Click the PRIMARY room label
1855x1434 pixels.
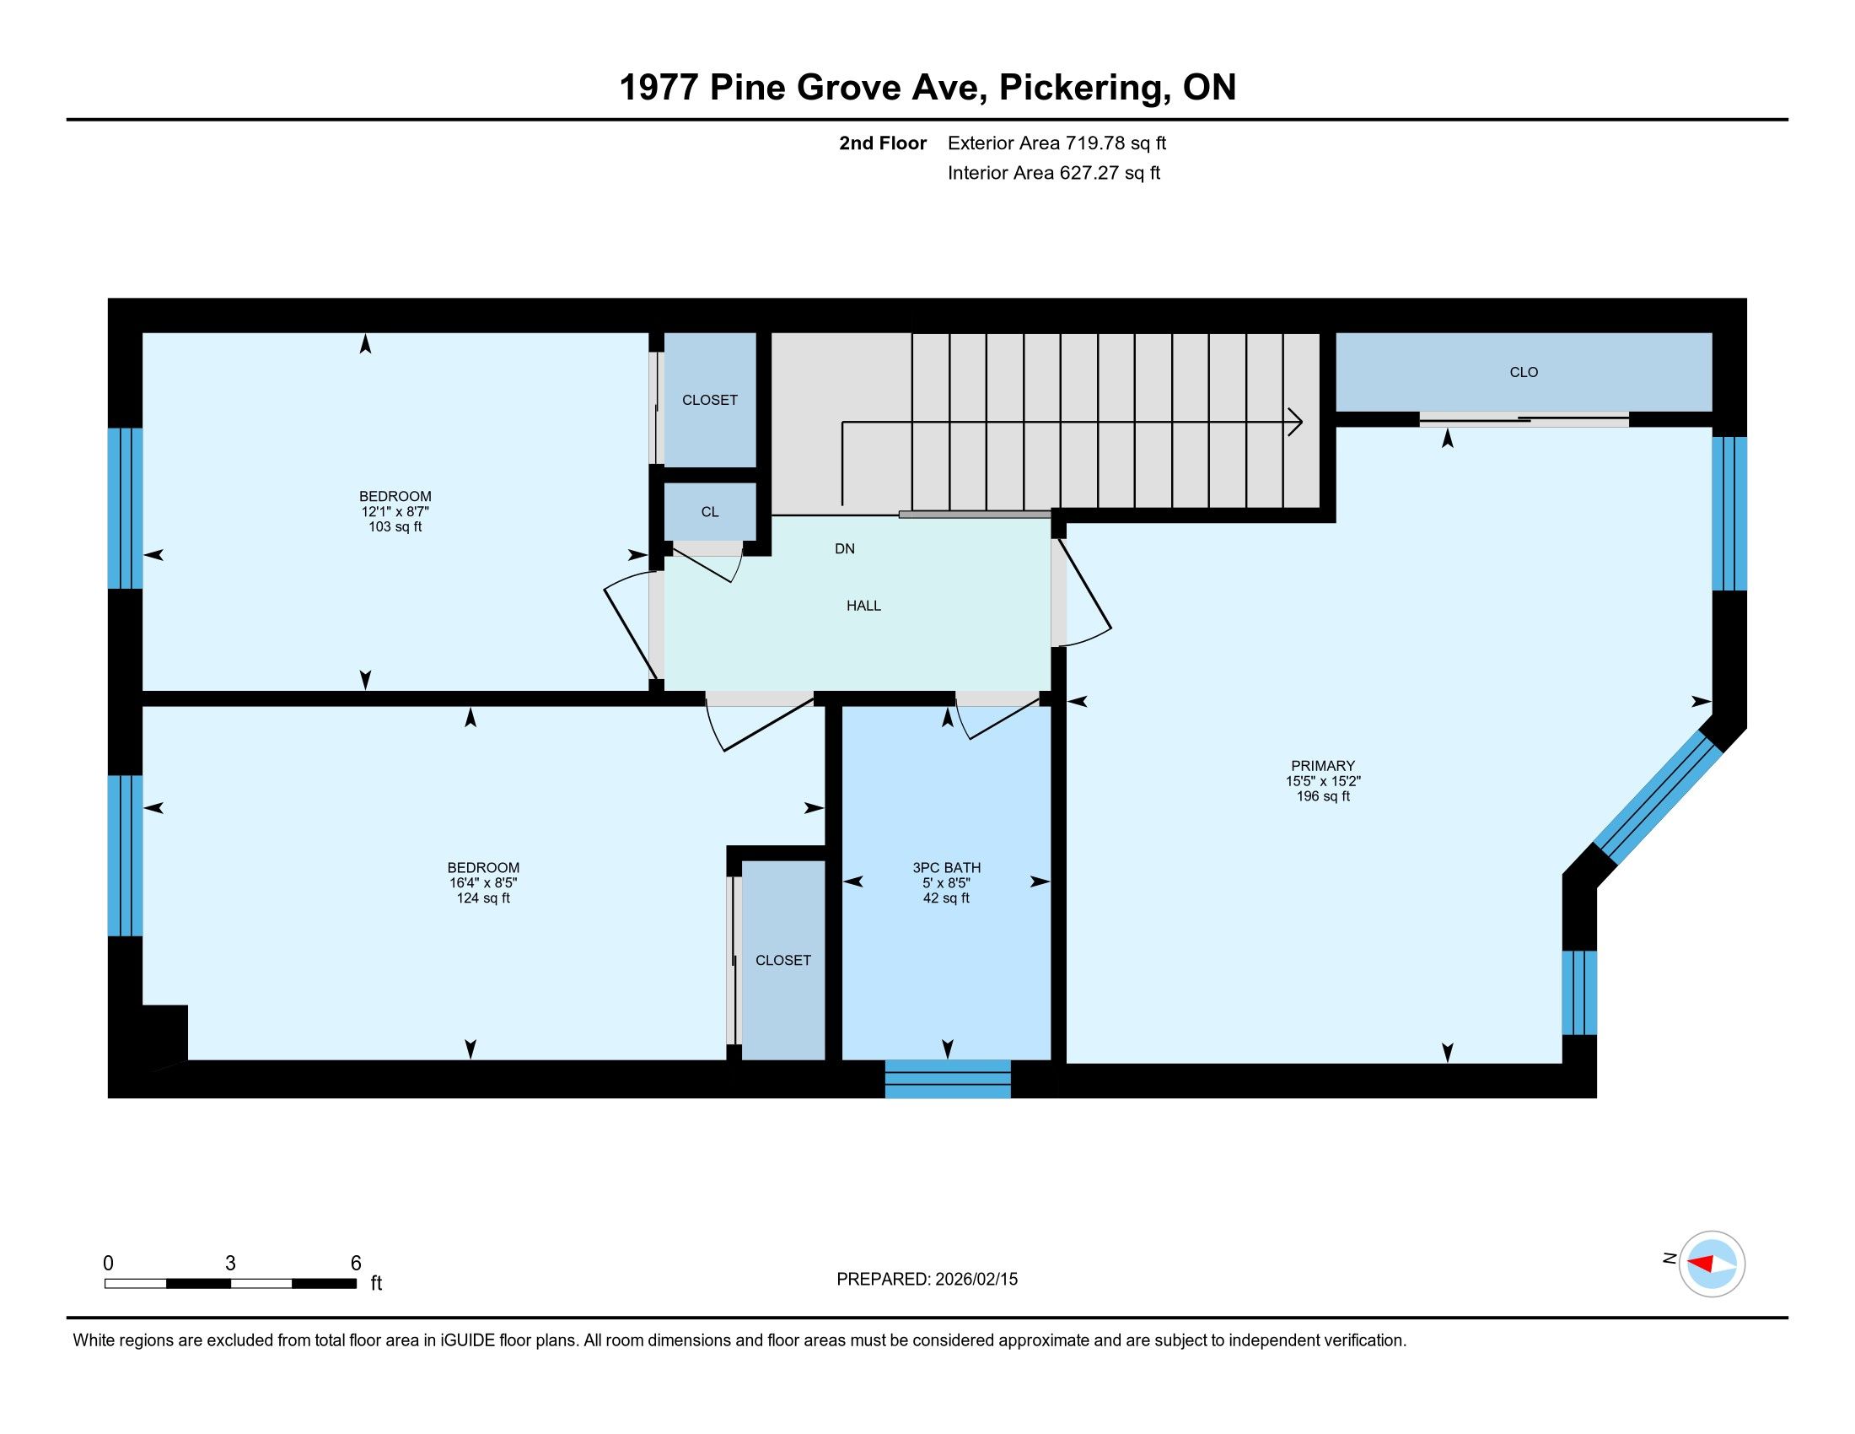click(x=1322, y=765)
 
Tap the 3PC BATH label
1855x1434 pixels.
click(x=946, y=867)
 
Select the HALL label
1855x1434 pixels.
click(x=863, y=606)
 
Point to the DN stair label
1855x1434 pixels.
click(x=844, y=549)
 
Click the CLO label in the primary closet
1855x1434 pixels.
click(x=1524, y=372)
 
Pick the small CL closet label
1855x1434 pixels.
click(x=709, y=511)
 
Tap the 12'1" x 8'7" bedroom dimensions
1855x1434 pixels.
click(x=395, y=511)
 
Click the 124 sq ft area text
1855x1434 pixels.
click(x=482, y=898)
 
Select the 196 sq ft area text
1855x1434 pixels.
click(x=1322, y=796)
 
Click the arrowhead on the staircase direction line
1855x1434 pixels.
click(x=1296, y=422)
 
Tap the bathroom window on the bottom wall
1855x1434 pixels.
click(x=948, y=1078)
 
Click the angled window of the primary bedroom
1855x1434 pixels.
click(x=1658, y=798)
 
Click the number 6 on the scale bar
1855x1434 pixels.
click(x=356, y=1263)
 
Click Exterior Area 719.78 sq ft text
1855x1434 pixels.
click(x=1057, y=143)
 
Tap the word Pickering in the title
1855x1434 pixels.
click(x=1078, y=88)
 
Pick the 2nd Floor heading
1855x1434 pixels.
click(x=883, y=143)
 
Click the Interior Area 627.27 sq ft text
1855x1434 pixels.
click(x=1054, y=173)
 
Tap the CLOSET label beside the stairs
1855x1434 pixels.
click(x=709, y=400)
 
